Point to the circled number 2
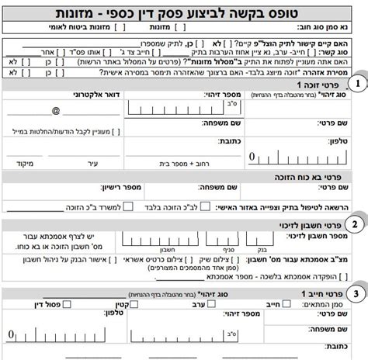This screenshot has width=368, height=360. (x=355, y=225)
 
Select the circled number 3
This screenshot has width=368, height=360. (x=355, y=294)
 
